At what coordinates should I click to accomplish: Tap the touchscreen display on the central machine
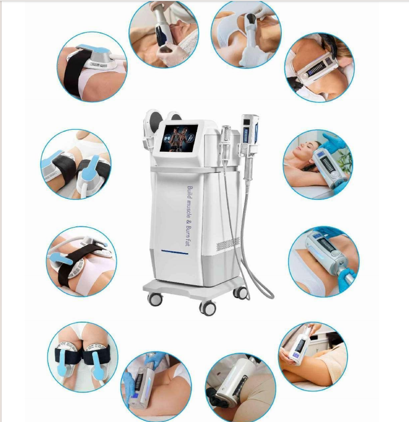[179, 138]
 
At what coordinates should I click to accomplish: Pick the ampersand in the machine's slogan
[189, 222]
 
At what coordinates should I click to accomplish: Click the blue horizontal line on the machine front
[175, 252]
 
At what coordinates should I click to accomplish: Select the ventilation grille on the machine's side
[228, 243]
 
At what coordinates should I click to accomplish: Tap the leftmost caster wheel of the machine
[155, 299]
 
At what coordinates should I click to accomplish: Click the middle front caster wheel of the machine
[207, 308]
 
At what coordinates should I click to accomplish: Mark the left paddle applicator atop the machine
[150, 124]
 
